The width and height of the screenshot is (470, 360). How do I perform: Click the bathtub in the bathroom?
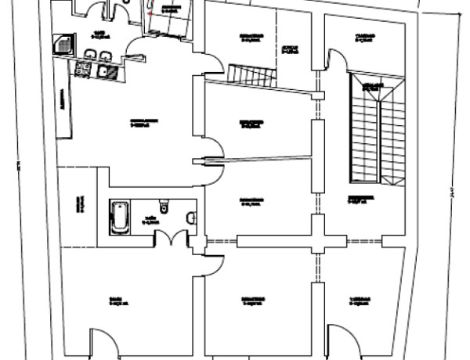[119, 217]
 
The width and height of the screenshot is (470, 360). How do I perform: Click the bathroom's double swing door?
[171, 238]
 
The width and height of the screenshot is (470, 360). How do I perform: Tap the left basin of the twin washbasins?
[91, 54]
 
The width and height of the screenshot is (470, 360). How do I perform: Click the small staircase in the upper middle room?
[252, 75]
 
